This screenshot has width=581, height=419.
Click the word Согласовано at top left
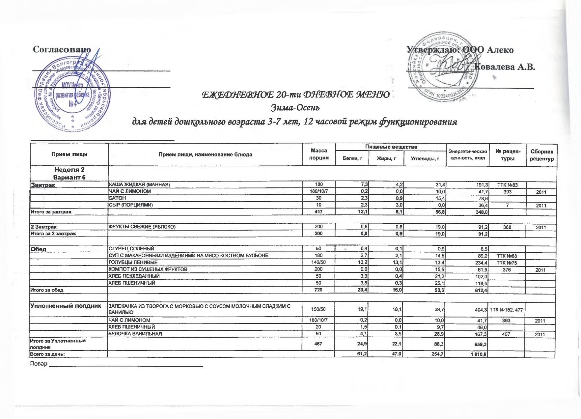point(62,49)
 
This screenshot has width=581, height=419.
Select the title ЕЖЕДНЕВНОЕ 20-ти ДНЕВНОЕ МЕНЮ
point(295,95)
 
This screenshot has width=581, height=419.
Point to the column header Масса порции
point(318,154)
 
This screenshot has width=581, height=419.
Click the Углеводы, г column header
point(425,159)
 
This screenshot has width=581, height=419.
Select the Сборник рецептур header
point(542,155)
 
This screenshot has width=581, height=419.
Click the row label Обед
point(38,249)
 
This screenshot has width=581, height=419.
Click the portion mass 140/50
point(318,263)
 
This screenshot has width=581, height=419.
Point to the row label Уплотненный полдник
point(65,306)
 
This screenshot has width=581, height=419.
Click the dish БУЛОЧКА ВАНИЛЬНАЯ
point(135,334)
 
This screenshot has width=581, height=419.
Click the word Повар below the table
point(39,364)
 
